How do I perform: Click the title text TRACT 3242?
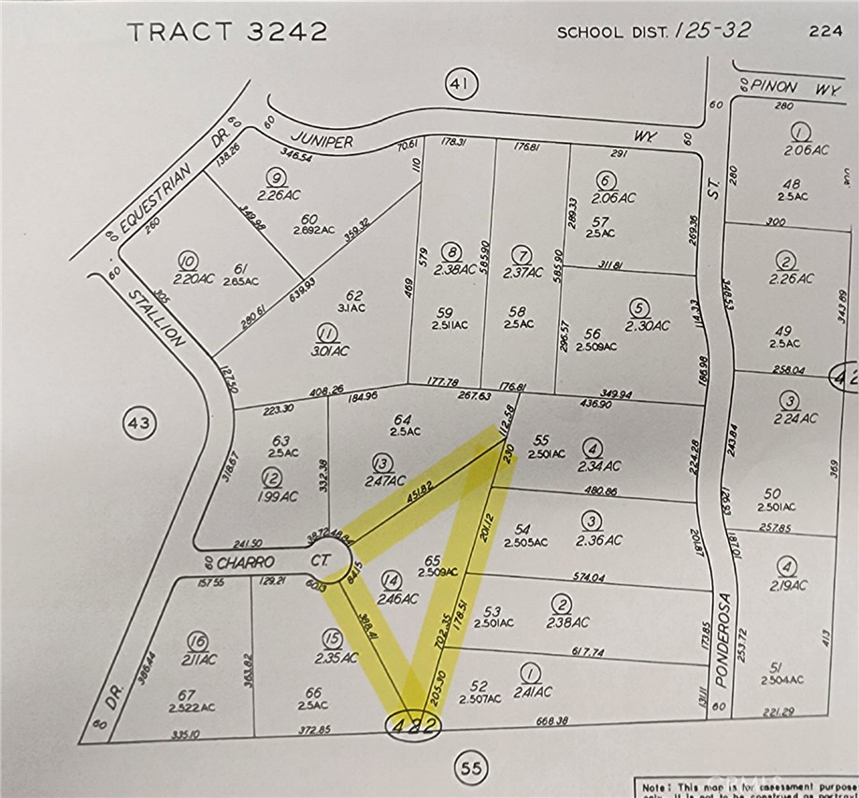point(227,32)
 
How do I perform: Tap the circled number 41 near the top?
point(458,86)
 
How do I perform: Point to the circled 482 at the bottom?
point(412,726)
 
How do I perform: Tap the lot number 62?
point(354,296)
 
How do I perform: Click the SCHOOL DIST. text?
point(610,33)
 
